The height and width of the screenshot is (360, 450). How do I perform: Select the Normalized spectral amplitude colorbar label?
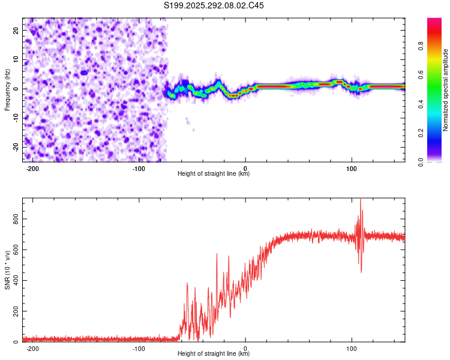pyautogui.click(x=445, y=89)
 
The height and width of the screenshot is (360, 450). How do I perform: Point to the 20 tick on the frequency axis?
pyautogui.click(x=16, y=30)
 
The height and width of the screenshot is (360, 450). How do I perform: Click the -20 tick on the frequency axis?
pyautogui.click(x=15, y=147)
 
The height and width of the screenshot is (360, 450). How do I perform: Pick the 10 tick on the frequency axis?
pyautogui.click(x=16, y=59)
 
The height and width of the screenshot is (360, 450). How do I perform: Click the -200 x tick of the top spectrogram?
pyautogui.click(x=33, y=167)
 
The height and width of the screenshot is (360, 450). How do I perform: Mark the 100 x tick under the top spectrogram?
pyautogui.click(x=352, y=167)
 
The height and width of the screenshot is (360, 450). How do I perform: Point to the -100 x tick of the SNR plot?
pyautogui.click(x=139, y=348)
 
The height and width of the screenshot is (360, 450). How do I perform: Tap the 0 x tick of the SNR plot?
pyautogui.click(x=245, y=348)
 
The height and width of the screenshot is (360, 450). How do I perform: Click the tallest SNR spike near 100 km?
pyautogui.click(x=361, y=200)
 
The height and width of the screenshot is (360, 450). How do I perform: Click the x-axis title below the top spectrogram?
pyautogui.click(x=214, y=174)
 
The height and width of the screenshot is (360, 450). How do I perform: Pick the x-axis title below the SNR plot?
pyautogui.click(x=214, y=354)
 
